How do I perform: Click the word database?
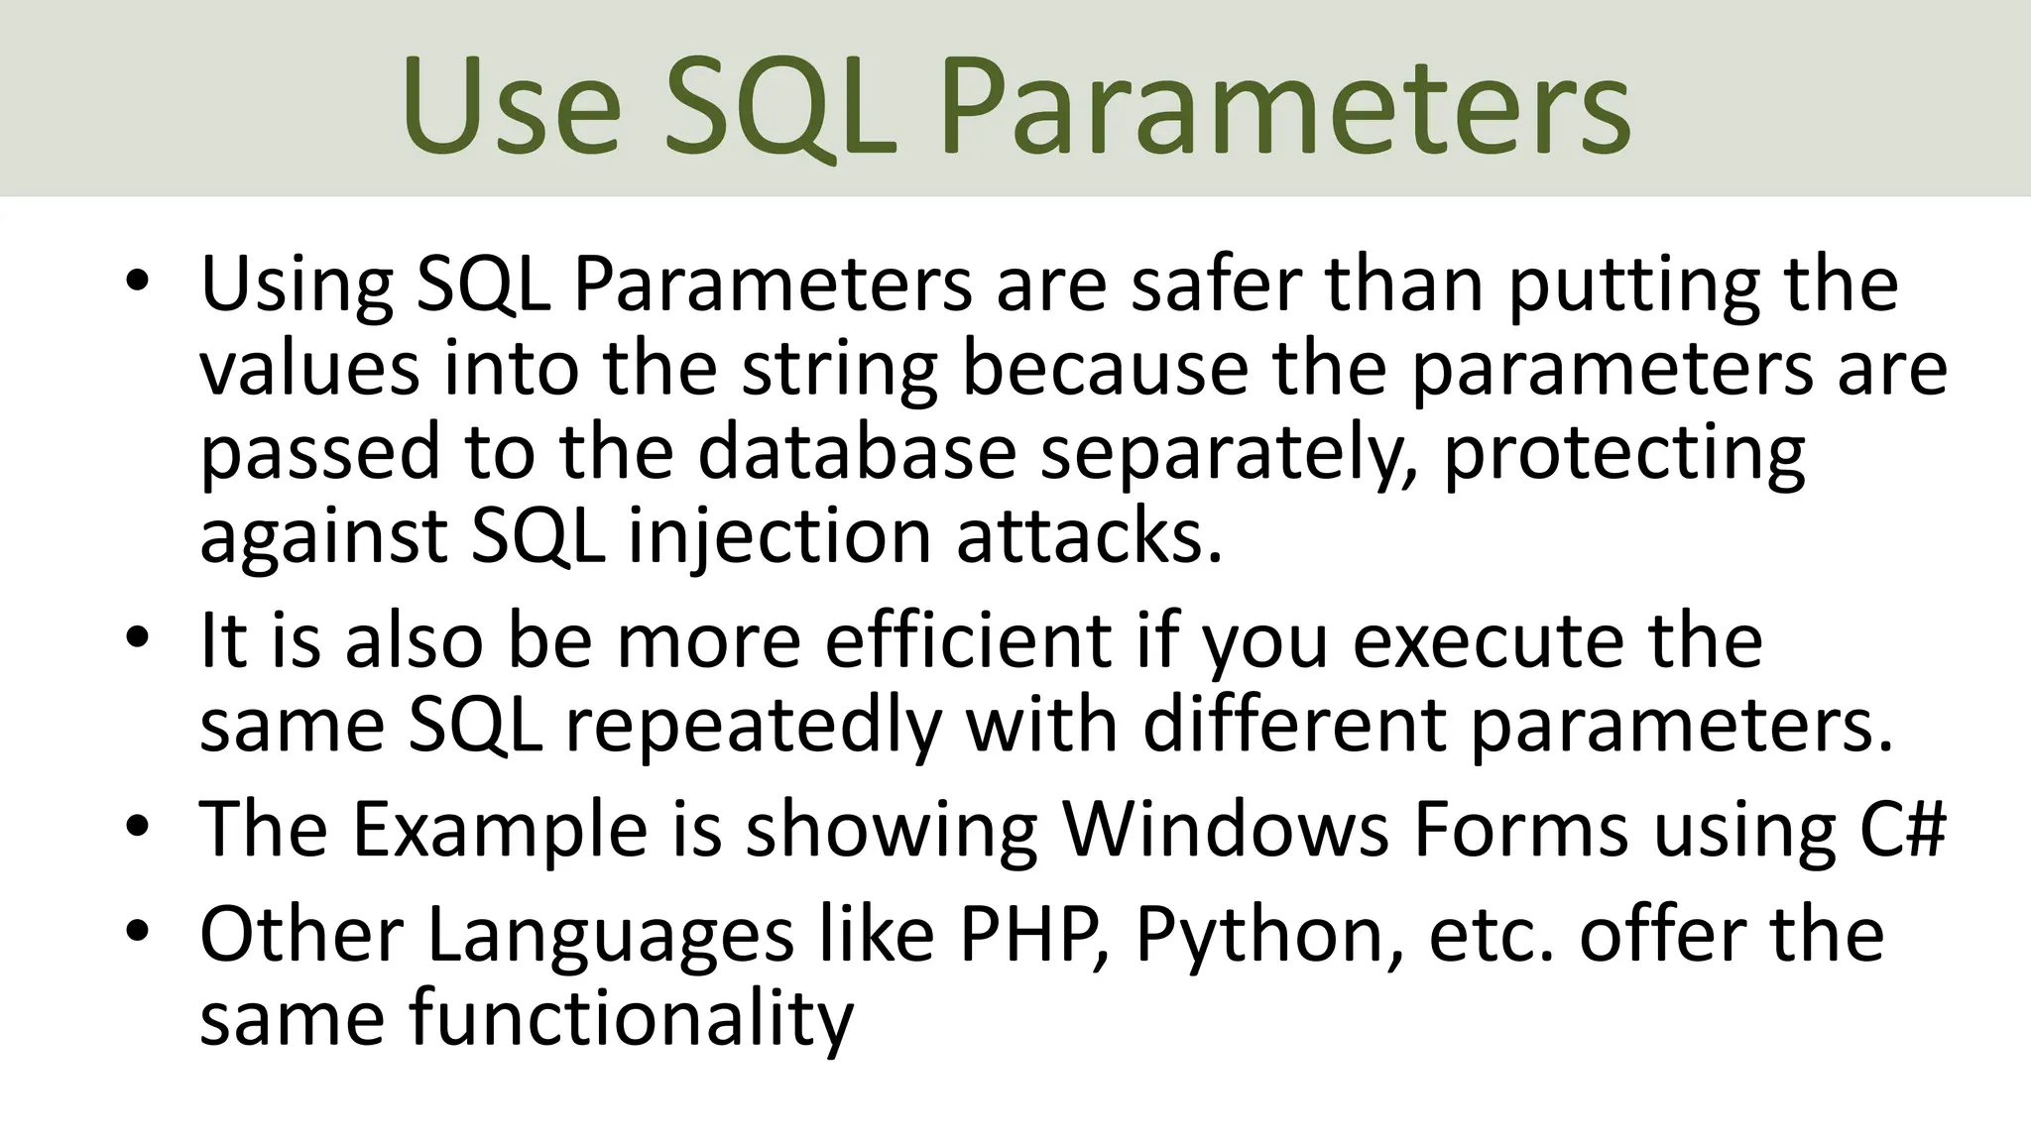tap(857, 452)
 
